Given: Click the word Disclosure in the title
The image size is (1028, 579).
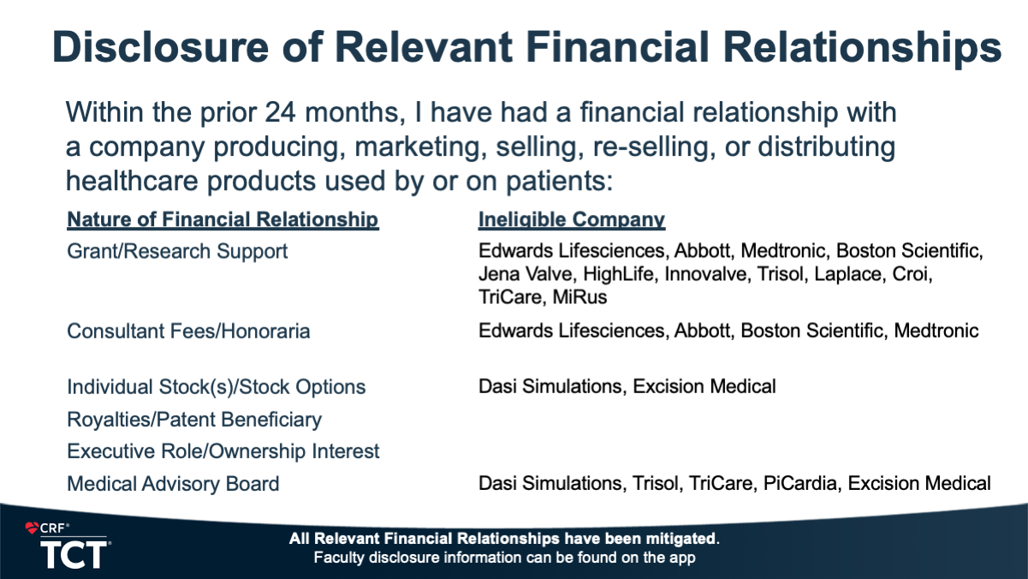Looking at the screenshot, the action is [x=160, y=47].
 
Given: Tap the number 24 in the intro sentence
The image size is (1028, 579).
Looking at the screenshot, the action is [x=280, y=112].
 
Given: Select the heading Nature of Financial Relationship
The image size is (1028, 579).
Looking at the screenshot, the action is [x=223, y=219].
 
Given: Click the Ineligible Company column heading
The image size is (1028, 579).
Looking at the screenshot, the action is [x=572, y=219].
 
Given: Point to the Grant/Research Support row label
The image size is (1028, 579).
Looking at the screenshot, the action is [x=177, y=251].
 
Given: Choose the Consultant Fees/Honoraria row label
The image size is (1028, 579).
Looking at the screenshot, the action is [x=188, y=331].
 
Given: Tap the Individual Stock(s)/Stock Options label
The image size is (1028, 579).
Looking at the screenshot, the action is [x=217, y=387].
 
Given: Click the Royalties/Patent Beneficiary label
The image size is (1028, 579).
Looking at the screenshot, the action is [x=194, y=420].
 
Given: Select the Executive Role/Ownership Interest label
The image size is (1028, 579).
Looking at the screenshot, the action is [x=223, y=451].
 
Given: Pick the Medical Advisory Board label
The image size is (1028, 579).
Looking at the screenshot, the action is [x=173, y=484].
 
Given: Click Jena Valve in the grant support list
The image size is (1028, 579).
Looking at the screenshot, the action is [x=526, y=274].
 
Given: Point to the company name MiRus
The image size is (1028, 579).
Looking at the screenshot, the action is [x=579, y=297].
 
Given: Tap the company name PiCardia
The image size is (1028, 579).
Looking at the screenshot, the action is [x=800, y=483].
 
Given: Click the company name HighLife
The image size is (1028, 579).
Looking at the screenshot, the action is [x=618, y=274].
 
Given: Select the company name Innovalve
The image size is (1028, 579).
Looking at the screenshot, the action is [x=706, y=274].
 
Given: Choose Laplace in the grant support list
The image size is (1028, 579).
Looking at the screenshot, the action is [x=848, y=274].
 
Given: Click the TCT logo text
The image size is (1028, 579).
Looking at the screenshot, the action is [x=74, y=554].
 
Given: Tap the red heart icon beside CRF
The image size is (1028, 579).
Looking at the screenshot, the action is [x=32, y=528].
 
